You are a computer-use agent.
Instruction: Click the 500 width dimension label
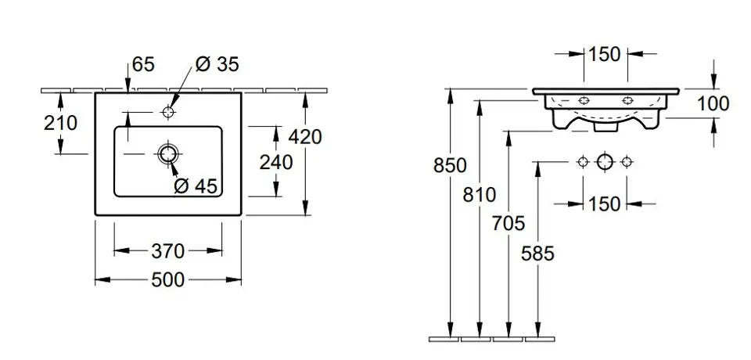click(x=168, y=279)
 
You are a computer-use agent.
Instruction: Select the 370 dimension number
click(x=168, y=251)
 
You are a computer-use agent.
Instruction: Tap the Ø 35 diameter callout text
click(x=217, y=65)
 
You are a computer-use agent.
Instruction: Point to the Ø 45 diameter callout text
click(x=196, y=185)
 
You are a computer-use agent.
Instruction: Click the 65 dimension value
click(x=143, y=65)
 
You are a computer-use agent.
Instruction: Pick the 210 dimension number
click(x=62, y=123)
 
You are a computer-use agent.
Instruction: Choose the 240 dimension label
click(x=276, y=162)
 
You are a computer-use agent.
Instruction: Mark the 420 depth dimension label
click(x=305, y=136)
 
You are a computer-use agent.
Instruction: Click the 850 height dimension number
click(x=451, y=166)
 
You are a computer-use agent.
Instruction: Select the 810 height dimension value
click(x=480, y=195)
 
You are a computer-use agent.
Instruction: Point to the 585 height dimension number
click(x=537, y=253)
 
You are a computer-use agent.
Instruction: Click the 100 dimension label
click(x=713, y=103)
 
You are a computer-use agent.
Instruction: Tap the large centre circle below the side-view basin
click(x=604, y=162)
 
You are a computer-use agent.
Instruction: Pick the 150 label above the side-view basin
click(x=604, y=54)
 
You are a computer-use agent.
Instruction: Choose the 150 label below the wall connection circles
click(x=604, y=204)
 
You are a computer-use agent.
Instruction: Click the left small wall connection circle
click(x=582, y=162)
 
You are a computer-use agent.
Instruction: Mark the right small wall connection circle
click(x=626, y=162)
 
